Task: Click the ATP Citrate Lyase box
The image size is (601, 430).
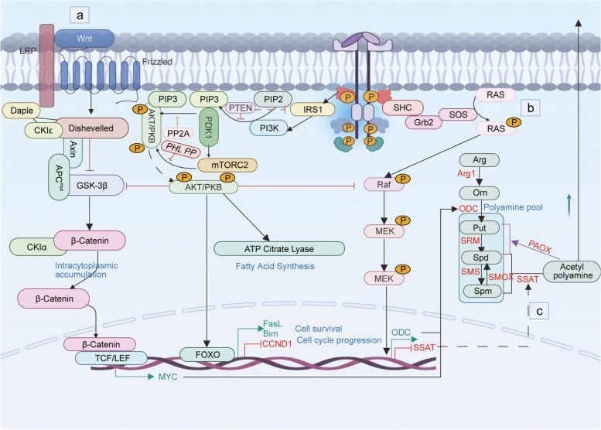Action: point(279,247)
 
